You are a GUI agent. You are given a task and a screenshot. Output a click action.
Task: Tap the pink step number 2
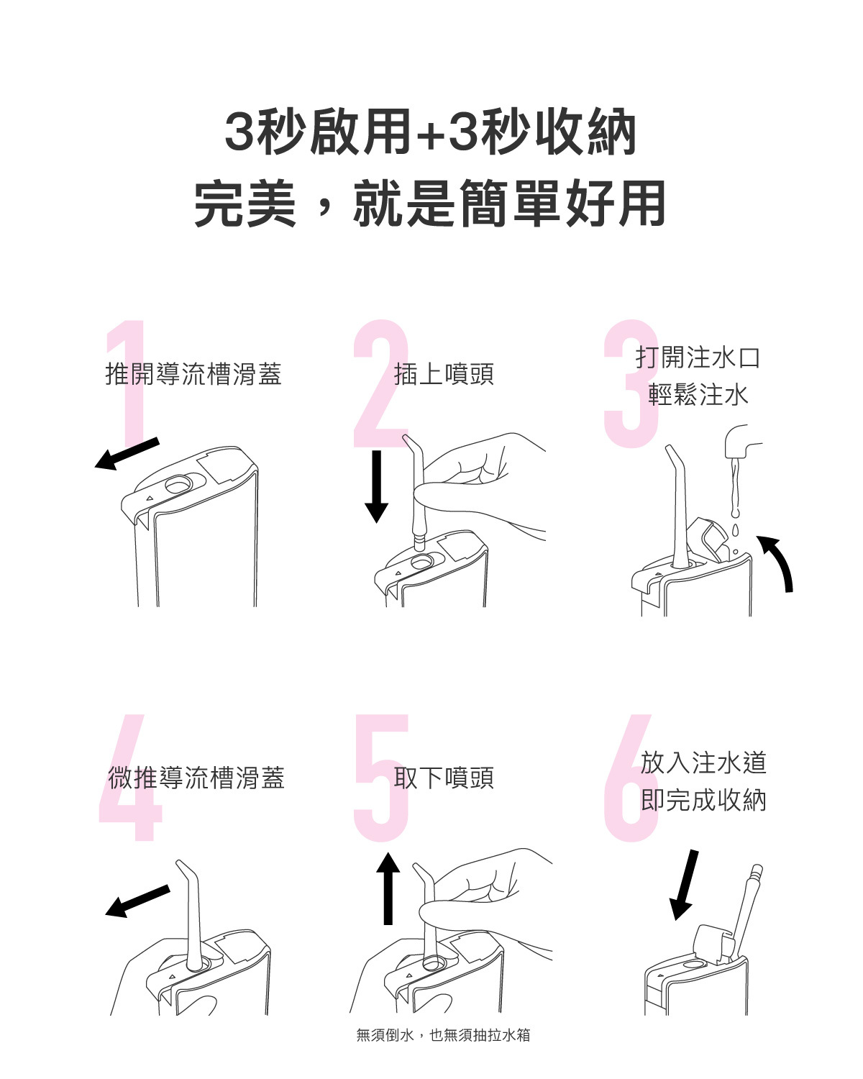[381, 383]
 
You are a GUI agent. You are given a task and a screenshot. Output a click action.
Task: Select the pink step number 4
[130, 777]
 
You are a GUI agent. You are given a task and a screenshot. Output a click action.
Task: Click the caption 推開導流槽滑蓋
[193, 374]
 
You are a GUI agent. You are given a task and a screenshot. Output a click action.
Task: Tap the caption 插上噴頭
[444, 374]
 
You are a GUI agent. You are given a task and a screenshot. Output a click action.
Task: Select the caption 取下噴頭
[444, 778]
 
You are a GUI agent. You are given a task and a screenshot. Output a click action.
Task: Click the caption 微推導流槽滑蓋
[196, 778]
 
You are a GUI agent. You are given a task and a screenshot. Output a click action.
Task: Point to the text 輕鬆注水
[698, 395]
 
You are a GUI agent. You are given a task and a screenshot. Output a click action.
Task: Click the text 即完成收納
[703, 800]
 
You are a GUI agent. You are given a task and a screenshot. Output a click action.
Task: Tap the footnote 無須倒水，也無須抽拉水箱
[443, 1035]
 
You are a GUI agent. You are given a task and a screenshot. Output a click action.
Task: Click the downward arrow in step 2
[377, 486]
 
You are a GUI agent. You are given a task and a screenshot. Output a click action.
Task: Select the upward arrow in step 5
[388, 888]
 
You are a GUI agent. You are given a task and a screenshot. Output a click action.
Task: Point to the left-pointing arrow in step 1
[127, 455]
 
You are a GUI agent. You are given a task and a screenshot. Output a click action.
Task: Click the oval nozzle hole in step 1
[178, 484]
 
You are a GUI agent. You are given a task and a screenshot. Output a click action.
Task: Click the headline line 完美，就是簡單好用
[430, 203]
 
